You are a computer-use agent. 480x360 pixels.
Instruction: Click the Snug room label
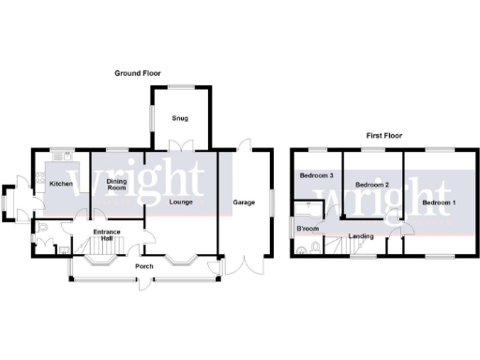pos(179,119)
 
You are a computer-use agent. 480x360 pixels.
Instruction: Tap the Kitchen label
pos(61,184)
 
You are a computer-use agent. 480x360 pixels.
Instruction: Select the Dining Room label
pos(115,186)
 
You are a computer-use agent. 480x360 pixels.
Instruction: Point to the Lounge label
pos(181,202)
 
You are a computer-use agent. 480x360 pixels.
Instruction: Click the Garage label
pos(244,202)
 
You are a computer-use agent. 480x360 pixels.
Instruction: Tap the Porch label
pos(144,267)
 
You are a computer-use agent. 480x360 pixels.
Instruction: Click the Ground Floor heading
pos(140,72)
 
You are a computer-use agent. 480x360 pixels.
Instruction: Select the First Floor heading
pos(383,137)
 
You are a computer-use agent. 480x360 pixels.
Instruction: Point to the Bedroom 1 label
pos(438,202)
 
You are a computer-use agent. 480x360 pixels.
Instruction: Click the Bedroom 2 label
pos(373,184)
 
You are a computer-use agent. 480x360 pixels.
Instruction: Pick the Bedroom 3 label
pos(316,175)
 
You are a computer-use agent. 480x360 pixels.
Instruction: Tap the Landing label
pos(359,235)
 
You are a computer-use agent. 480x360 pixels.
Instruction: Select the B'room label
pos(307,229)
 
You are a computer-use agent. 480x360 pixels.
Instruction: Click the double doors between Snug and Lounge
pos(179,146)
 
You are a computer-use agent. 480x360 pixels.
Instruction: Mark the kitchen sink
pos(63,155)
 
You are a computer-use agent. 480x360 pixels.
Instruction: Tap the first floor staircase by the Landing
pos(335,246)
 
